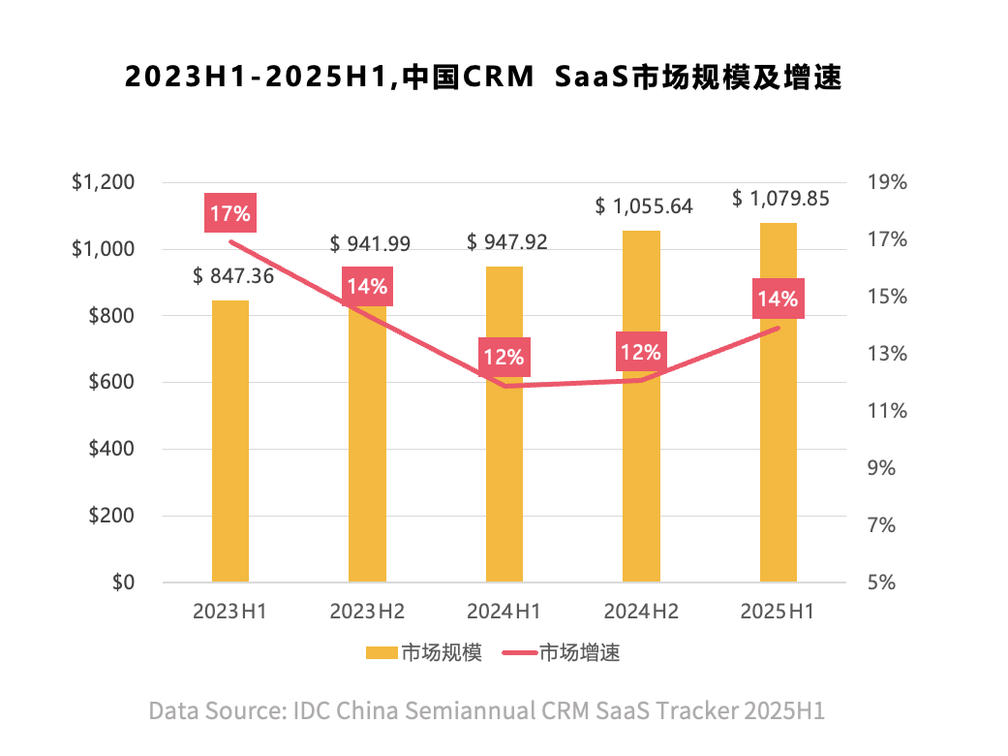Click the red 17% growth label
[x=229, y=214]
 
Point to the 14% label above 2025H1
[x=779, y=299]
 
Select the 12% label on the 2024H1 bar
[x=504, y=358]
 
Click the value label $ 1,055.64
[x=644, y=206]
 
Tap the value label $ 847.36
[x=233, y=276]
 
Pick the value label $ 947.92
[x=506, y=241]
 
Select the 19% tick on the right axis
[x=887, y=183]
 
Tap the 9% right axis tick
[x=892, y=468]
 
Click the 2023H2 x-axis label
[x=367, y=612]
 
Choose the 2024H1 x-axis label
[x=504, y=612]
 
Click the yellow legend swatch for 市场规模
[x=382, y=652]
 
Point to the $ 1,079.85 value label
[x=780, y=200]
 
